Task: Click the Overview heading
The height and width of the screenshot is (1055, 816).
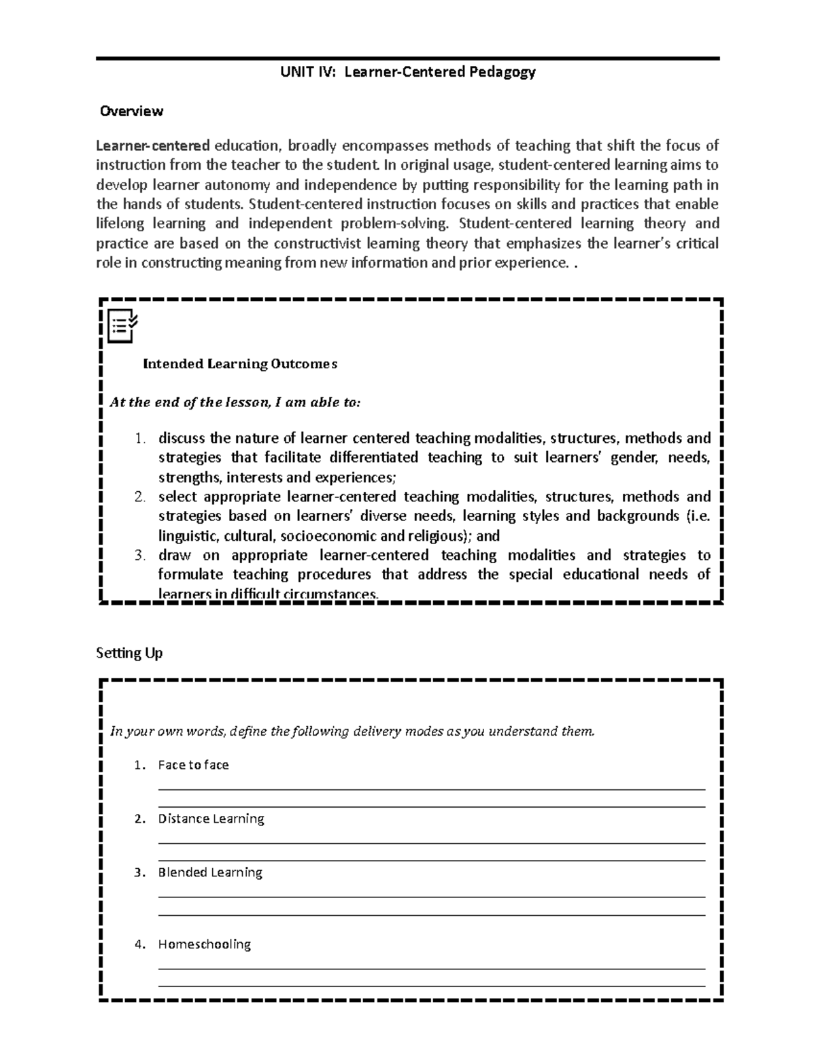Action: pos(131,111)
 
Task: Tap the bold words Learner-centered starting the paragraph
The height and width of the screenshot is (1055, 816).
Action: pos(153,145)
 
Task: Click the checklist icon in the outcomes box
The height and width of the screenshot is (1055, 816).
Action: pos(122,325)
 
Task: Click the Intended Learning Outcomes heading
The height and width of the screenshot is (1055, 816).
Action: pos(240,364)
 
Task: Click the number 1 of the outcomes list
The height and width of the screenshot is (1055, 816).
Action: pos(139,438)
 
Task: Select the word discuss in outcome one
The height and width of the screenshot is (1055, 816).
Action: pos(182,438)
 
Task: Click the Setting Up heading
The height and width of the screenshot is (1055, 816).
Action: pos(129,653)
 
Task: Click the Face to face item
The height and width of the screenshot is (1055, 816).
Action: pos(193,765)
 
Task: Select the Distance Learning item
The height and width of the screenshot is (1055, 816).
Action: pos(211,819)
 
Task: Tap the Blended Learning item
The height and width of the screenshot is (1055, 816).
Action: pos(210,872)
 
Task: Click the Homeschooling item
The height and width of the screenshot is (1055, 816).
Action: pos(204,944)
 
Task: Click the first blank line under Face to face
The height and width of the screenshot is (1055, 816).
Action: pos(431,789)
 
